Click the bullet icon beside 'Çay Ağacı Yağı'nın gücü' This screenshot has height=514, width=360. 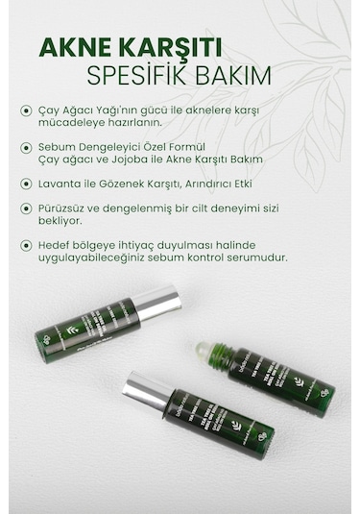pyautogui.click(x=26, y=110)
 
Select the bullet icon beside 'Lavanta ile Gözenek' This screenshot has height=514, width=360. pyautogui.click(x=26, y=183)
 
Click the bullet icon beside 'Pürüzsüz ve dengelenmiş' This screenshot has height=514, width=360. pyautogui.click(x=26, y=208)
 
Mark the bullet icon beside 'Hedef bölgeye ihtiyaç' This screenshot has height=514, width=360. pyautogui.click(x=26, y=244)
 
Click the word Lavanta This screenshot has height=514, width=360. pyautogui.click(x=62, y=183)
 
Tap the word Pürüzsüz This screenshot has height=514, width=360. pyautogui.click(x=66, y=208)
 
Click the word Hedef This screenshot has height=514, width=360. pyautogui.click(x=57, y=244)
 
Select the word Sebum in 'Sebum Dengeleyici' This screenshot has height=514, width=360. pyautogui.click(x=60, y=146)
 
